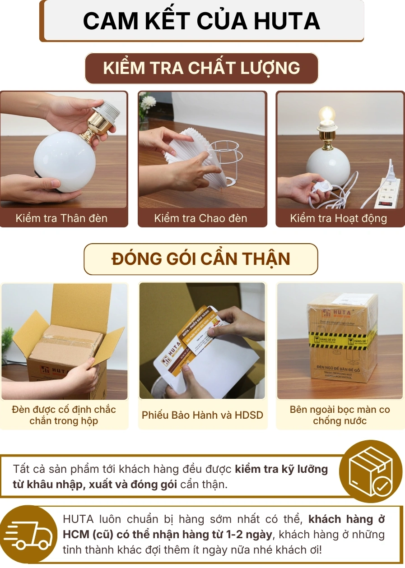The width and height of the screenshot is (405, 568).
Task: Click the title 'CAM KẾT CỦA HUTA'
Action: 201,21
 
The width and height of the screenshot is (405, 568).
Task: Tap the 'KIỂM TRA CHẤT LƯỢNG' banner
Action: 201,68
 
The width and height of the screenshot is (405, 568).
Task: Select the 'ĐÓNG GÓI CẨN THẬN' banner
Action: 201,259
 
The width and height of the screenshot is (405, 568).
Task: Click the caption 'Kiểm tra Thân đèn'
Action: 61,218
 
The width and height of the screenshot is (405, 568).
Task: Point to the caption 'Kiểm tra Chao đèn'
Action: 200,218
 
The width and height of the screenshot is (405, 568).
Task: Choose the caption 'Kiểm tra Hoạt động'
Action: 339,218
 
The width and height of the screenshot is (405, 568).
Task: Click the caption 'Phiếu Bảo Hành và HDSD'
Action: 202,415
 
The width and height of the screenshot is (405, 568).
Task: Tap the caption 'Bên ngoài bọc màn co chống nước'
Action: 340,416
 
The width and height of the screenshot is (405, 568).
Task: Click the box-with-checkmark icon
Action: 370,471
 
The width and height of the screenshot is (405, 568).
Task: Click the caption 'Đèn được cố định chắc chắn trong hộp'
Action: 64,416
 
